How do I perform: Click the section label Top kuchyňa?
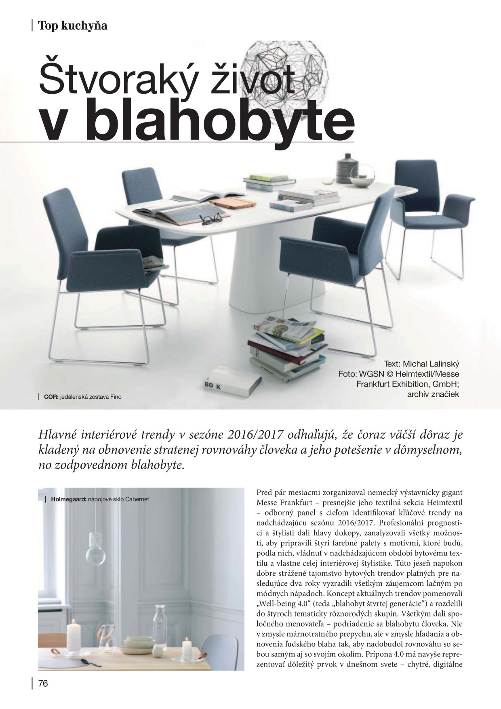(x=73, y=26)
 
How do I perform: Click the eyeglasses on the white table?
(x=211, y=219)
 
